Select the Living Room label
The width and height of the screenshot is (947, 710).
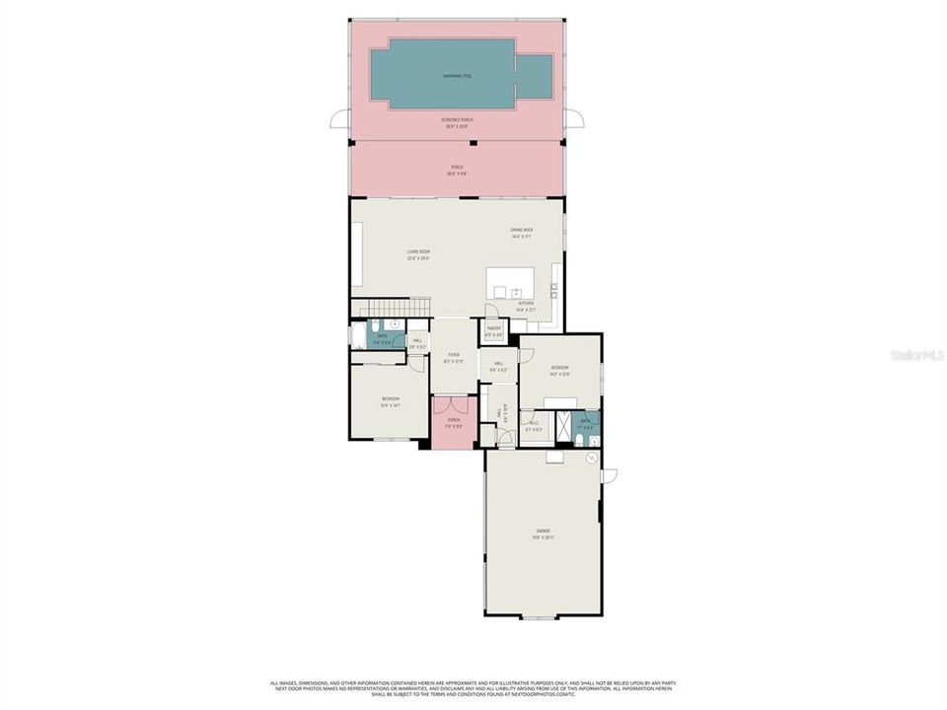click(418, 254)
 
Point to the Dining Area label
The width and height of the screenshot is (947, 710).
click(521, 233)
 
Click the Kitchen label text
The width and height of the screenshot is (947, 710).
click(526, 306)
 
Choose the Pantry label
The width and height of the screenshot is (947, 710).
click(494, 330)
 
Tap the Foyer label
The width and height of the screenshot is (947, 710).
click(454, 357)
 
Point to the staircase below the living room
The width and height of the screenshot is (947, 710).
click(393, 308)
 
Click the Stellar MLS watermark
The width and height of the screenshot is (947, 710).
click(916, 354)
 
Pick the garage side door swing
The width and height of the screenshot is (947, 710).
click(609, 476)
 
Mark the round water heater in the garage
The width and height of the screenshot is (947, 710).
click(591, 458)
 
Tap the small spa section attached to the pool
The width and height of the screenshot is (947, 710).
click(534, 77)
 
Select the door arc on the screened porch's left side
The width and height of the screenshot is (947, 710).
click(340, 119)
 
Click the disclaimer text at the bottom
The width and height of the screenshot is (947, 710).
click(473, 688)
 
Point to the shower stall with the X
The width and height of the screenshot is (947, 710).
click(565, 425)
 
